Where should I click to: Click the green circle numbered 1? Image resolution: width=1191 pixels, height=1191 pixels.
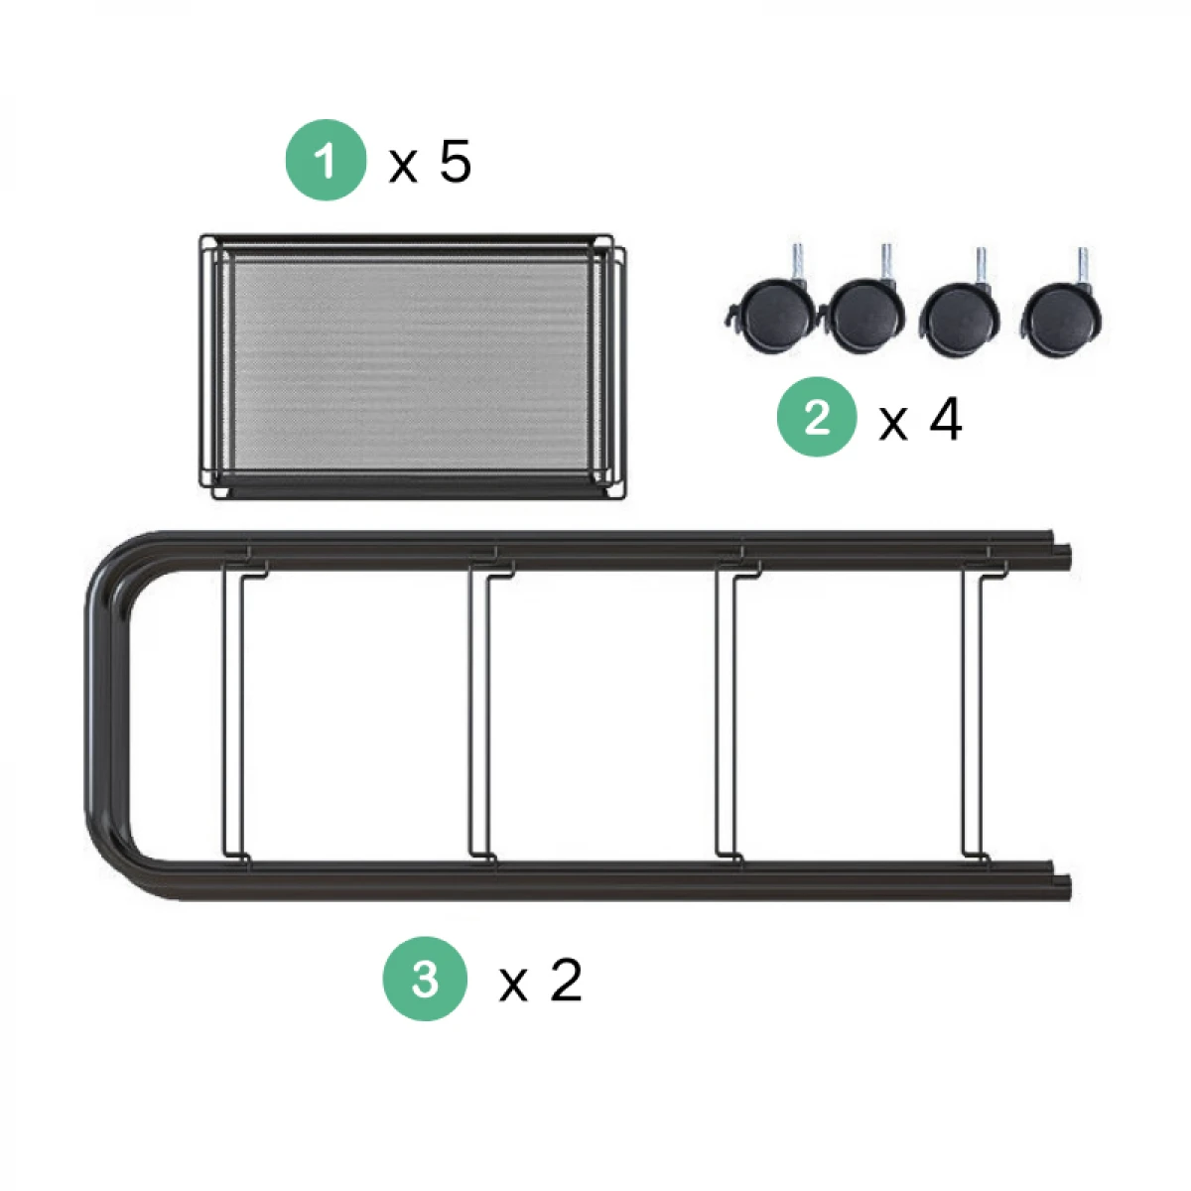[x=326, y=160]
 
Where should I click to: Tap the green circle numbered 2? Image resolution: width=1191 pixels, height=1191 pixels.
[x=817, y=417]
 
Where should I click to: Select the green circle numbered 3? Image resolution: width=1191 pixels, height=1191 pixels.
[x=425, y=979]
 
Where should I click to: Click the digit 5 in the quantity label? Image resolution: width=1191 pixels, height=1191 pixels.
[x=455, y=162]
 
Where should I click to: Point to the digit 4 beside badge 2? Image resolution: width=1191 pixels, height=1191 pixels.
[x=945, y=419]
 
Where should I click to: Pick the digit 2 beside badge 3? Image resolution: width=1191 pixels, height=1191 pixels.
[x=566, y=980]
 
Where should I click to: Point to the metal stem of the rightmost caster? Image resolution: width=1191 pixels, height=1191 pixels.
[x=1082, y=265]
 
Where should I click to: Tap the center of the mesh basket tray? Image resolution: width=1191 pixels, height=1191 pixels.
[x=412, y=366]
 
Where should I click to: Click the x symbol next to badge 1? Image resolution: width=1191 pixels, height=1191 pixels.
[x=403, y=167]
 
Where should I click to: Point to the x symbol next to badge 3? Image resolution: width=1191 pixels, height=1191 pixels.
[x=513, y=986]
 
